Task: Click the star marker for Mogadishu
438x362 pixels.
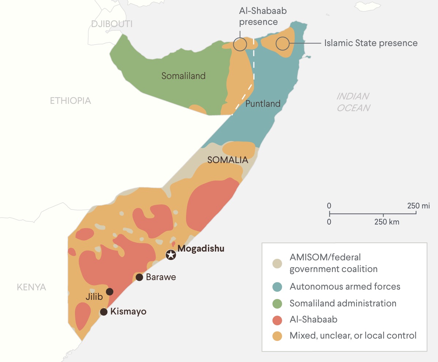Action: [x=170, y=255]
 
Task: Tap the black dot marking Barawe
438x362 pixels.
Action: [x=139, y=277]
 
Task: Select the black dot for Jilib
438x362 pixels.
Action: [x=110, y=291]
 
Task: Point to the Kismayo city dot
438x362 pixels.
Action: [x=104, y=312]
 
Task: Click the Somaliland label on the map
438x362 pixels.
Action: [x=184, y=76]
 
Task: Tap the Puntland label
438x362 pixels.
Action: [x=263, y=103]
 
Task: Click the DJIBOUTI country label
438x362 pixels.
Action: [x=112, y=24]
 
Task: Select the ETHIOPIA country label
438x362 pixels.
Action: [x=71, y=101]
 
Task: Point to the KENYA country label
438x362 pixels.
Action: [x=31, y=287]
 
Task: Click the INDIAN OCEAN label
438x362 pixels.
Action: [x=353, y=102]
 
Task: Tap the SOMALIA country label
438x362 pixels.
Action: [x=227, y=160]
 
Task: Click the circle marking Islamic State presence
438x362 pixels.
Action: [x=282, y=44]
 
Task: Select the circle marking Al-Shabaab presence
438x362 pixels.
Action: [x=240, y=45]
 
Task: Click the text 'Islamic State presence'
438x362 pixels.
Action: [x=371, y=43]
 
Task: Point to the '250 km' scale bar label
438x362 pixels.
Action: [x=386, y=222]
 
